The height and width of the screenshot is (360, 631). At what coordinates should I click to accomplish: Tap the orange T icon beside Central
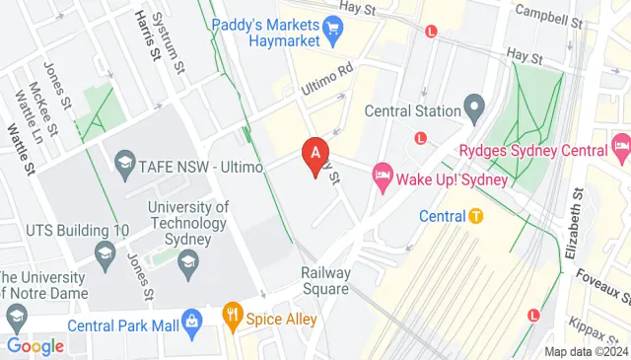coord(476,216)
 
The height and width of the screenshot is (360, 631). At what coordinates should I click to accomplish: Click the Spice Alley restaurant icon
coord(233,318)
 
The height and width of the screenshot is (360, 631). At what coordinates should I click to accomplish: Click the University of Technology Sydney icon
coord(188,262)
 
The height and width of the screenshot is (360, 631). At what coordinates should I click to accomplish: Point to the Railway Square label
coord(325,281)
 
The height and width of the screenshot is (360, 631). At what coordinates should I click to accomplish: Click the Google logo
coord(35,345)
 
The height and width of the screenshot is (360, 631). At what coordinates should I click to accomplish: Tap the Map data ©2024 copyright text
coord(586,351)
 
